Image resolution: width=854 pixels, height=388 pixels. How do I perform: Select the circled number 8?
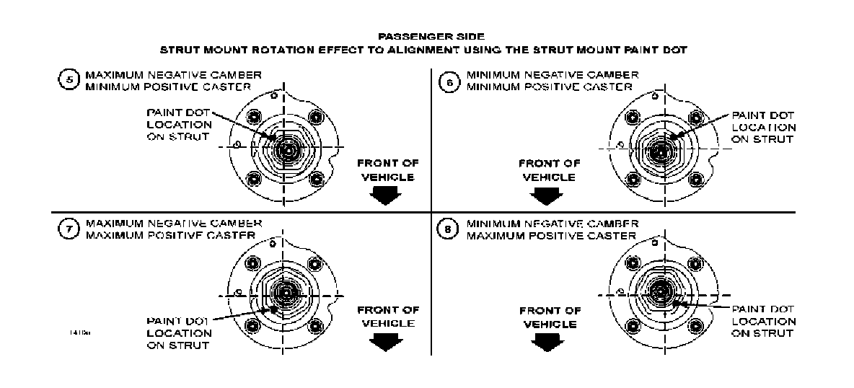(x=450, y=230)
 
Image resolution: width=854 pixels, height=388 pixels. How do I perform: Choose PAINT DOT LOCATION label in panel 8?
(x=764, y=321)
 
